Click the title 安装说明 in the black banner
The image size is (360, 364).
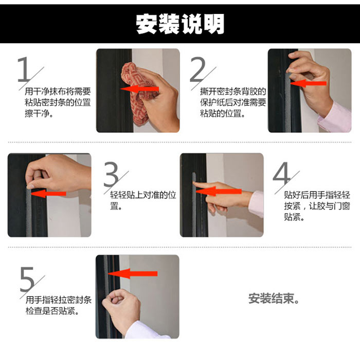click(180, 24)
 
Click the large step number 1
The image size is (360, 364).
click(24, 69)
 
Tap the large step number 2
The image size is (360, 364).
click(197, 69)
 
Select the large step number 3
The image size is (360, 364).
click(111, 174)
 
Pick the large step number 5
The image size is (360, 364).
click(27, 279)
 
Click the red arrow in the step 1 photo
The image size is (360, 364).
click(139, 89)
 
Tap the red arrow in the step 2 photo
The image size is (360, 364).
click(308, 83)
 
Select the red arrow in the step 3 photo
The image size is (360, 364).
click(48, 194)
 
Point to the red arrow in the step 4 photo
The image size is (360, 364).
click(219, 192)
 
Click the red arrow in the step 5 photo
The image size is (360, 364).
click(133, 274)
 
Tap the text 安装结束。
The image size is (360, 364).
click(274, 299)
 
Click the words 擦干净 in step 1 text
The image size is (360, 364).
click(38, 113)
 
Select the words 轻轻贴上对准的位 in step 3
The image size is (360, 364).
click(143, 195)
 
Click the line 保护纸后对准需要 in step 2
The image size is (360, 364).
click(233, 102)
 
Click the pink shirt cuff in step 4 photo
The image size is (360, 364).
click(256, 204)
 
